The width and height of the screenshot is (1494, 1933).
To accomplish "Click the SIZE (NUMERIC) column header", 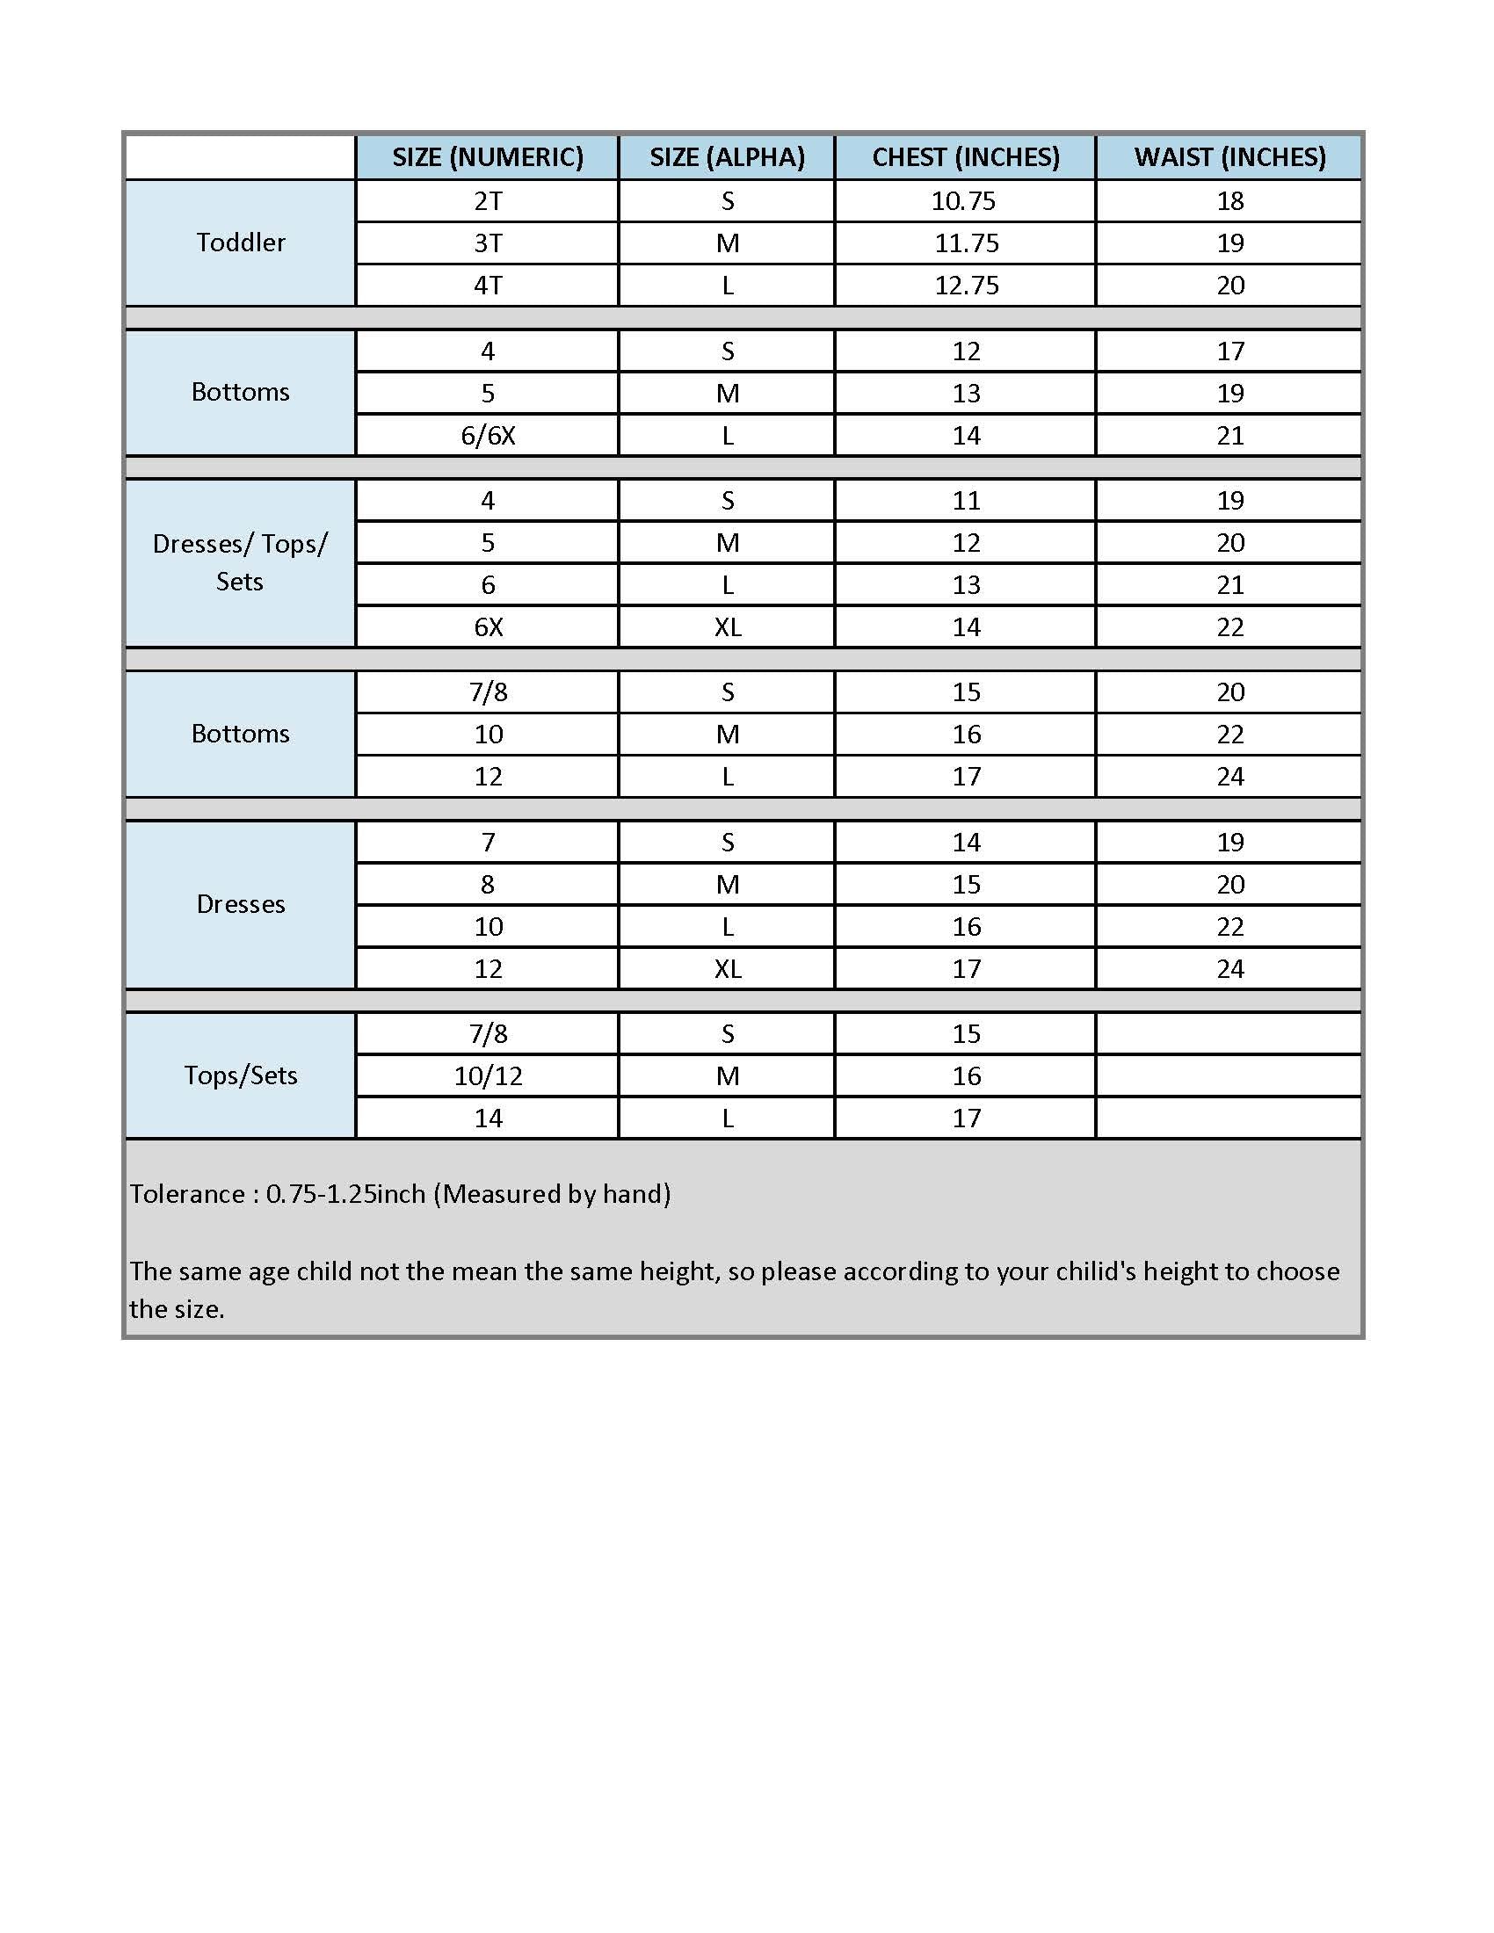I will [488, 157].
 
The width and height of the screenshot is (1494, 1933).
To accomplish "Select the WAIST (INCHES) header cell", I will [1229, 157].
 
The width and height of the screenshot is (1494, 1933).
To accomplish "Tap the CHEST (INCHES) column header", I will [966, 157].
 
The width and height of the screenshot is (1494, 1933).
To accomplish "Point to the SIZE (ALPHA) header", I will [727, 157].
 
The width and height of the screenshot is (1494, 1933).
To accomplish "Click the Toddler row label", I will [241, 243].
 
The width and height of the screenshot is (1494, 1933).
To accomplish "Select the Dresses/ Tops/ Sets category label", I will [240, 562].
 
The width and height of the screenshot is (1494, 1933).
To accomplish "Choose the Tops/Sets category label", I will [241, 1075].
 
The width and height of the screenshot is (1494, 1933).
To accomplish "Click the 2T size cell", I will [488, 201].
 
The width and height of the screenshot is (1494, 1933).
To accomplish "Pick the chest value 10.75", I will [963, 201].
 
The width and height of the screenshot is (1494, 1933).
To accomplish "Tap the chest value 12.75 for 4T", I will [967, 285].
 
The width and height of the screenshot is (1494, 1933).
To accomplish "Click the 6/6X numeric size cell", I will [488, 436].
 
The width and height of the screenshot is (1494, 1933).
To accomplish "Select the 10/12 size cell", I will [488, 1076].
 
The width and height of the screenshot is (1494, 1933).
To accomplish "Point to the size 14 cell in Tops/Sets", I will [488, 1118].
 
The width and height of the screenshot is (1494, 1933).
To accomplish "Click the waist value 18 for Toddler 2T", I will [1230, 201].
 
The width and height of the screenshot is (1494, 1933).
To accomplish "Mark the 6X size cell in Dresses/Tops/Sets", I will [488, 627].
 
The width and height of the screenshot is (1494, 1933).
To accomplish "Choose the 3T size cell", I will [488, 243].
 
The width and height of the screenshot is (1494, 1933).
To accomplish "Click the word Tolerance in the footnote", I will [188, 1195].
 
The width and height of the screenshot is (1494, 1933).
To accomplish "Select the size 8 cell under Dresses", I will [488, 884].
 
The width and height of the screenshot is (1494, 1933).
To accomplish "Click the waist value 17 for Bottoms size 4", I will [1230, 351].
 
